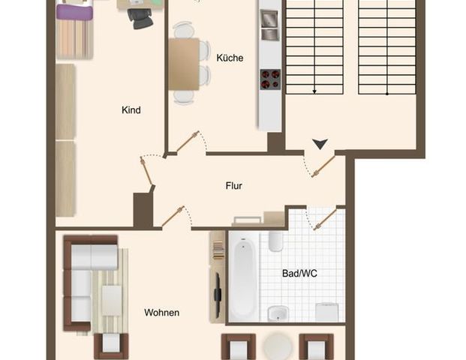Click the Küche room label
click(230, 58)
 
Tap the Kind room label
click(131, 110)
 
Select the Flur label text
click(234, 186)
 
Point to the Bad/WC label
click(299, 274)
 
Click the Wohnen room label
click(162, 312)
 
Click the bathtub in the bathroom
click(243, 277)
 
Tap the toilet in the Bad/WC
click(275, 241)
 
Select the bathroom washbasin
click(276, 313)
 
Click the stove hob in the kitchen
click(270, 79)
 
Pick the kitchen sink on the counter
click(269, 25)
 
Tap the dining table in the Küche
click(184, 64)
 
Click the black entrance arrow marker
click(320, 143)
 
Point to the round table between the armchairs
click(279, 346)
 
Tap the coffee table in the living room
click(112, 300)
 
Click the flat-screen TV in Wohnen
click(218, 294)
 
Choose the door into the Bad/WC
click(324, 220)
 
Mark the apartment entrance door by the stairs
click(323, 166)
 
